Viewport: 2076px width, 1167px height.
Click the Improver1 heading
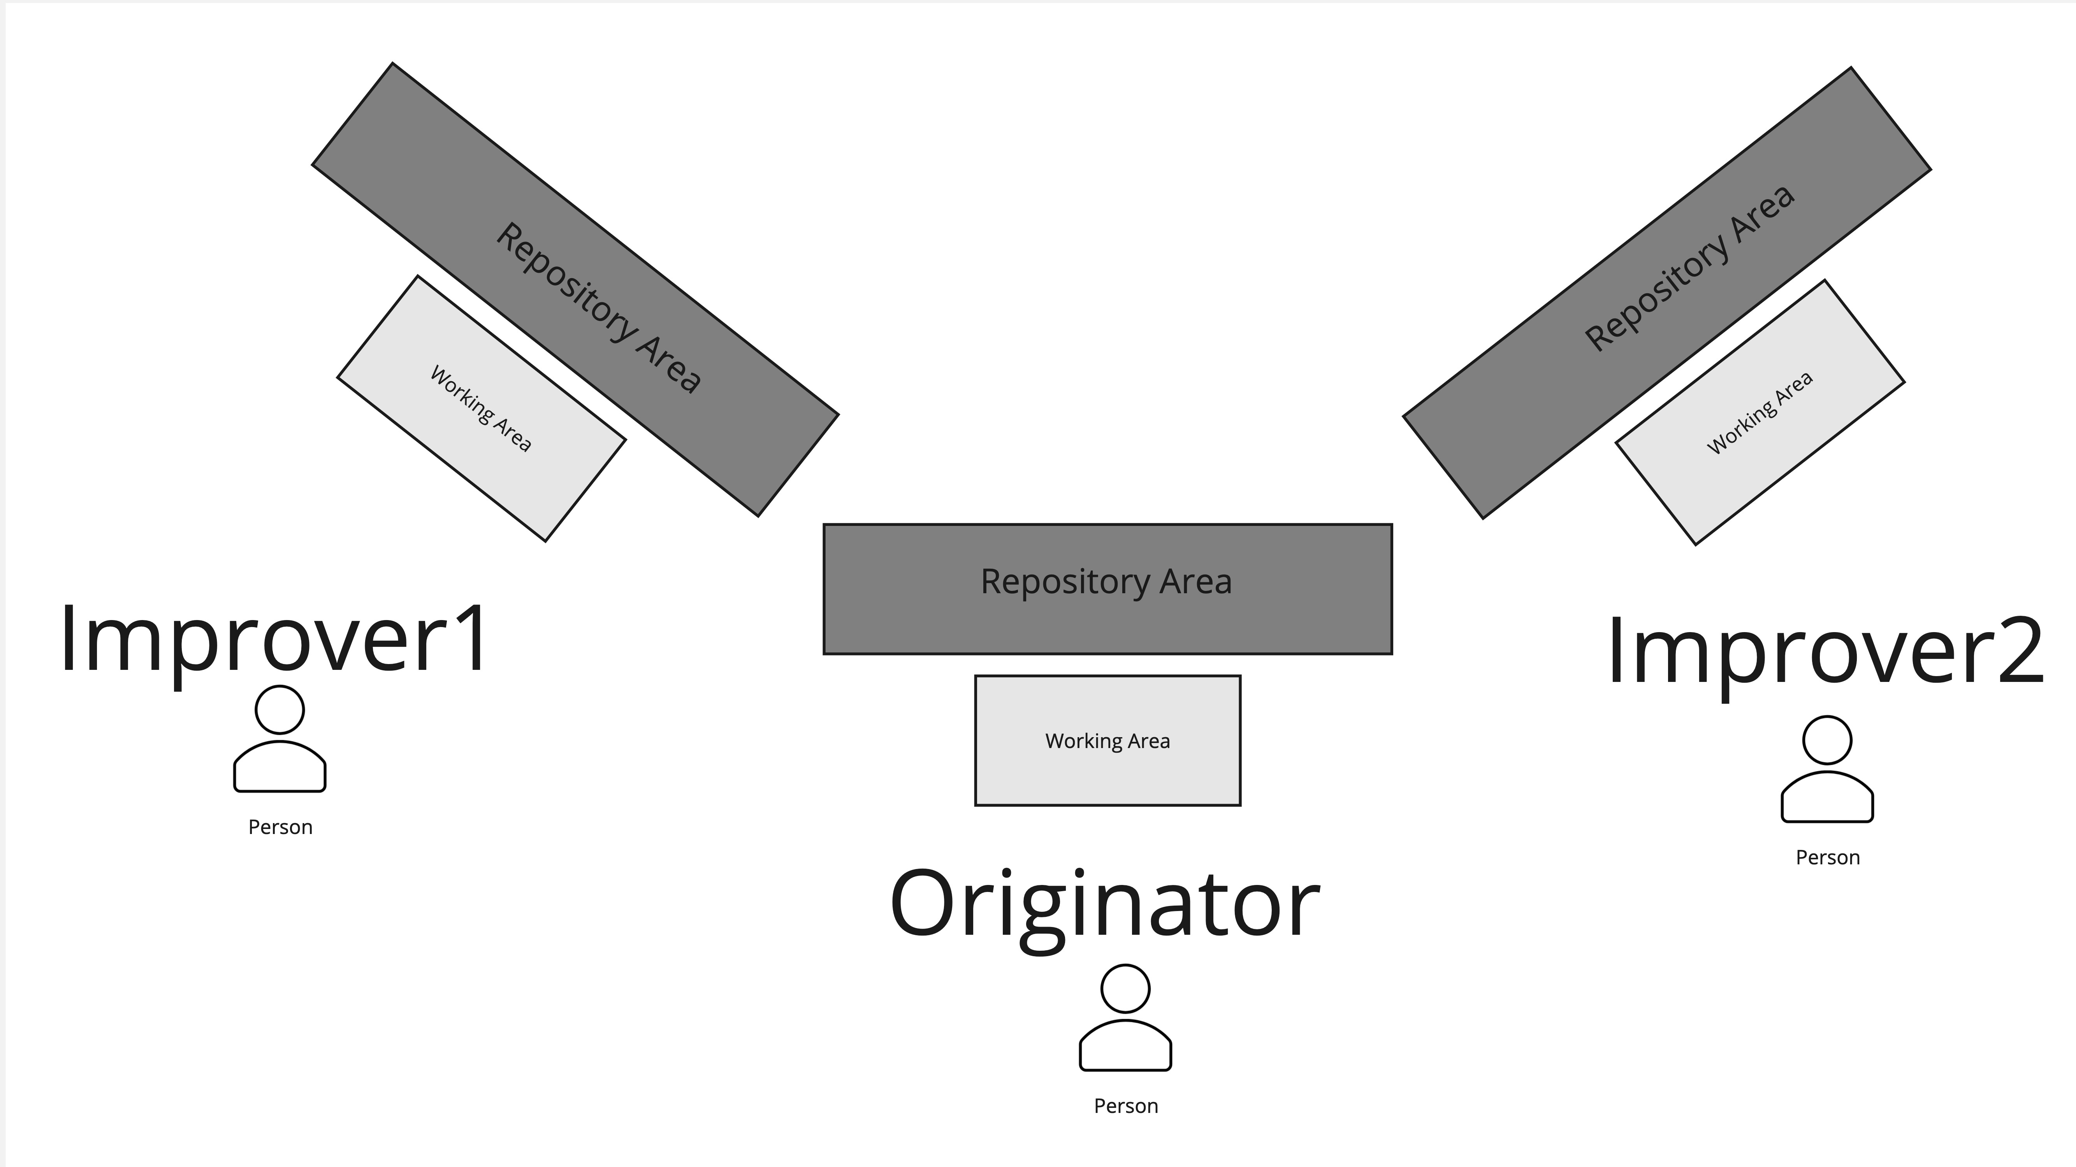(x=274, y=640)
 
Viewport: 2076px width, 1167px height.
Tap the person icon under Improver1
(x=279, y=739)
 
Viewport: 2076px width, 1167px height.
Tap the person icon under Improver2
(x=1827, y=769)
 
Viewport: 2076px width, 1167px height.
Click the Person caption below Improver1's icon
(x=279, y=827)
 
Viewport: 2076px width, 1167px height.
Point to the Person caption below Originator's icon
(x=1125, y=1106)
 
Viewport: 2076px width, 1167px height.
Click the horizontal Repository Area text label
(x=1106, y=582)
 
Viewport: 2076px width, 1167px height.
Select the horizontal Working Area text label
(x=1107, y=741)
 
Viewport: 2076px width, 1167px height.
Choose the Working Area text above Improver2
(x=1760, y=412)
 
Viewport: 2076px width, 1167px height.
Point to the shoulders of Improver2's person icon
(x=1827, y=797)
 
